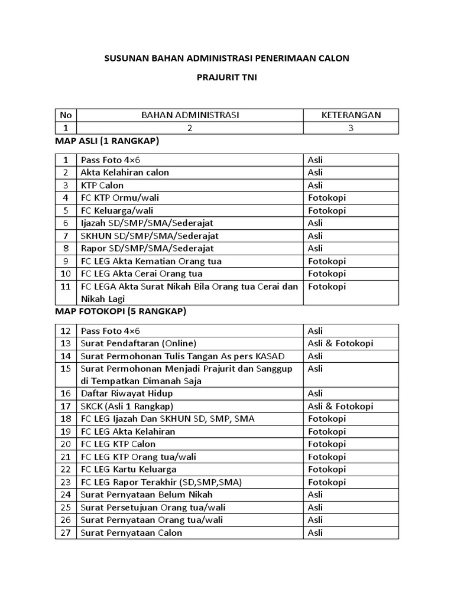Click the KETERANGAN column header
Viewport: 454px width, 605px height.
click(351, 115)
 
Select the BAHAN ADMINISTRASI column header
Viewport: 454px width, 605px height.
click(190, 115)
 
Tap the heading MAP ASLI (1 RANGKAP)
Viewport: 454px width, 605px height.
click(107, 141)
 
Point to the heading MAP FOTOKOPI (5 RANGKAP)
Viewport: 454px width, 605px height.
click(121, 311)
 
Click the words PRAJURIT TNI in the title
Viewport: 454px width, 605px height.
click(226, 77)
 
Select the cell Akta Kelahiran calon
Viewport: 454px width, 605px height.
click(125, 173)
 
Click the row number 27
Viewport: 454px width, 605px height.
click(66, 533)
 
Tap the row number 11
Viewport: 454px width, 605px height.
click(66, 287)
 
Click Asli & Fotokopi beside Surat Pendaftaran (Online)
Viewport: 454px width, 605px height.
click(340, 343)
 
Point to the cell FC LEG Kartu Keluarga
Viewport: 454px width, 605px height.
click(129, 469)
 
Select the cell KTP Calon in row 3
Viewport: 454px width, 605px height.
click(102, 186)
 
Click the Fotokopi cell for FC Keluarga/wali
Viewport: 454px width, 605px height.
click(327, 210)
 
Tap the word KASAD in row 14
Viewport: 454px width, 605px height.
click(271, 356)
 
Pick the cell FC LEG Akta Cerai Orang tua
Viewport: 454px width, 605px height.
click(142, 274)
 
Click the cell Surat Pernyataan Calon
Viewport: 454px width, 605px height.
click(132, 533)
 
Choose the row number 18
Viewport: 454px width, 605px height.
click(66, 419)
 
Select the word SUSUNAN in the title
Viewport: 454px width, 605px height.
click(123, 58)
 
